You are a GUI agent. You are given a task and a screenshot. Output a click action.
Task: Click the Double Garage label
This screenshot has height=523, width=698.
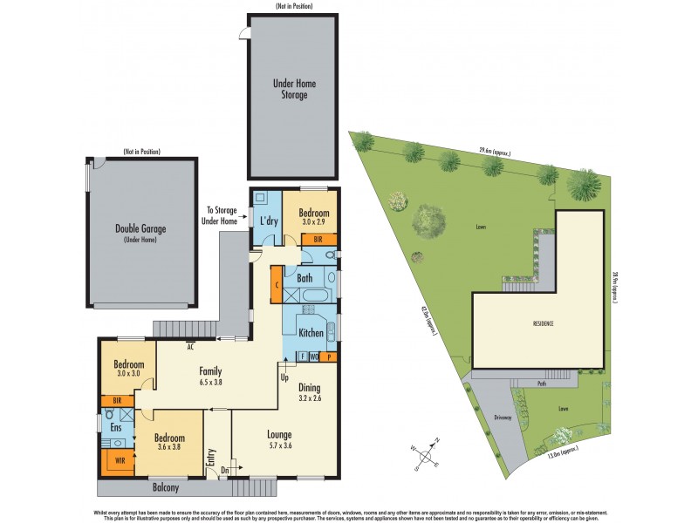140,229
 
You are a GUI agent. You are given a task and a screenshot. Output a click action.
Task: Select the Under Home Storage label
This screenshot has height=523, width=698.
294,89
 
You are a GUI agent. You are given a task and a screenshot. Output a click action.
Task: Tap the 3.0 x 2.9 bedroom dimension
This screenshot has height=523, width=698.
312,222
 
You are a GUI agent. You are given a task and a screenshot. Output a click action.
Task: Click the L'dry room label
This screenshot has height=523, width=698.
267,218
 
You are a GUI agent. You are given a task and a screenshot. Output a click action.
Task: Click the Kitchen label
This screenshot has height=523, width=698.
311,333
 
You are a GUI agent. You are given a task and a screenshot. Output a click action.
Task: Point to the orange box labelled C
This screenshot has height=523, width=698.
277,285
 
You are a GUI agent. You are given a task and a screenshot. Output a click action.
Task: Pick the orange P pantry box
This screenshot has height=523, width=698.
330,356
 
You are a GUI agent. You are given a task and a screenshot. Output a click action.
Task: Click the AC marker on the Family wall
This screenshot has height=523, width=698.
189,347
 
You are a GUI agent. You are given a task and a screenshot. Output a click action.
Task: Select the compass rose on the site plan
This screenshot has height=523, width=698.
428,453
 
